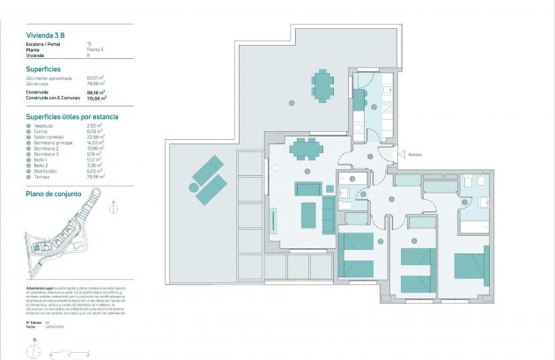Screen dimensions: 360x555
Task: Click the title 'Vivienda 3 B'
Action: (45, 34)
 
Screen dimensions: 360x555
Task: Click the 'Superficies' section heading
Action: (44, 69)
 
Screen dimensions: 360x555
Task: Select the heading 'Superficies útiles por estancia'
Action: (72, 116)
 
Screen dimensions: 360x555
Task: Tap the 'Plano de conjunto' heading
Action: (54, 193)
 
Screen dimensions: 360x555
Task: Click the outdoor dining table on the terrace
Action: (322, 85)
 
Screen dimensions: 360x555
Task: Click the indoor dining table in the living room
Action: (306, 146)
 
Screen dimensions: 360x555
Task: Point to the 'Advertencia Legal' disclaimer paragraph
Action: (70, 303)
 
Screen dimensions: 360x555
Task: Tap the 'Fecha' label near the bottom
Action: (33, 327)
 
